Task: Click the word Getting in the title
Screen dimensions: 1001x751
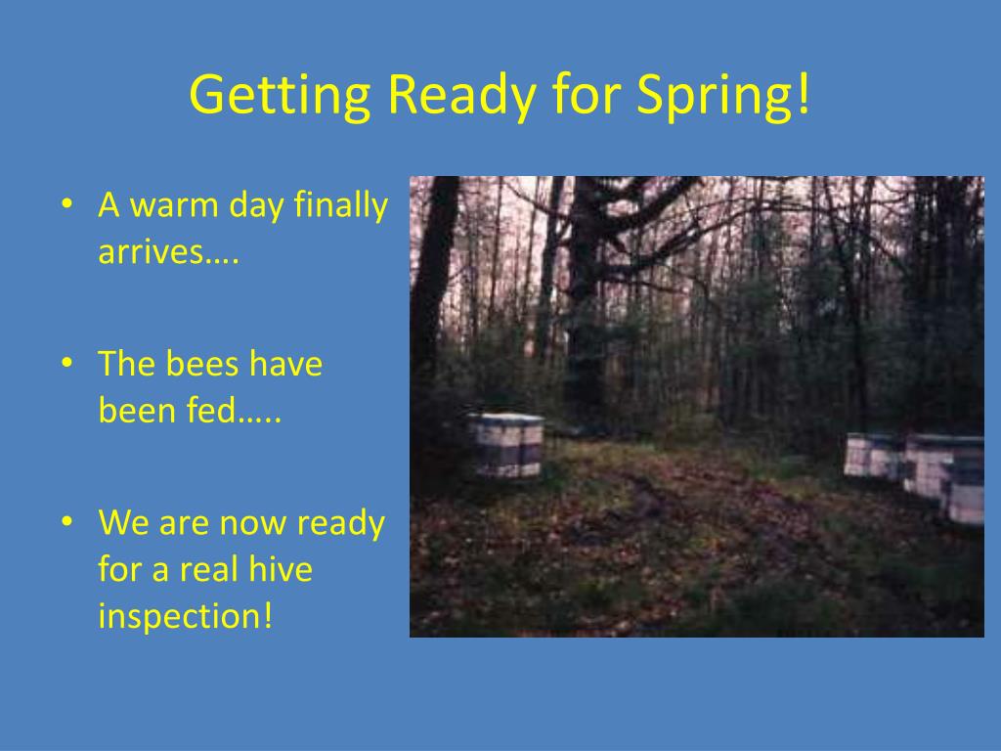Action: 280,95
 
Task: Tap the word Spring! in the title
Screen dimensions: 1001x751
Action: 724,95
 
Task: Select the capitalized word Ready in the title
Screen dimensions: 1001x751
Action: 461,95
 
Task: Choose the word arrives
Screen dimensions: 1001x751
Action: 168,252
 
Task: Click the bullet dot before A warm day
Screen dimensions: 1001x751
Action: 66,205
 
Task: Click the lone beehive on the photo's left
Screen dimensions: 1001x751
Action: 505,445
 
